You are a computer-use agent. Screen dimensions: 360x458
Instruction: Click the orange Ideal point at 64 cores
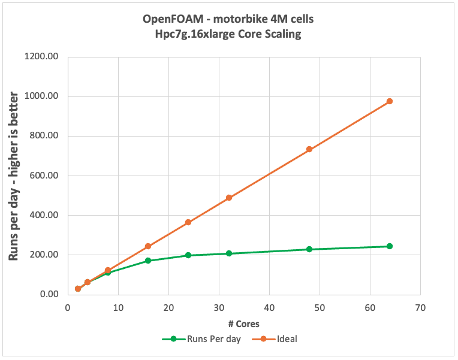(x=390, y=101)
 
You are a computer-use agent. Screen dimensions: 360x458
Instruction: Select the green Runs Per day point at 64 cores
(x=390, y=246)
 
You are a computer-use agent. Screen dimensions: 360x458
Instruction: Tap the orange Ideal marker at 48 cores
(x=309, y=149)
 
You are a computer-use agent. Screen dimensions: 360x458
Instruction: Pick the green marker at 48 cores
(x=309, y=249)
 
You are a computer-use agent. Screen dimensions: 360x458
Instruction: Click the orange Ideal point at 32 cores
(x=229, y=198)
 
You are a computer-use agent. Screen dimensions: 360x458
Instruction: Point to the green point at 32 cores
(x=229, y=253)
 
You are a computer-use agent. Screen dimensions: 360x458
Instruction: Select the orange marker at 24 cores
(x=188, y=222)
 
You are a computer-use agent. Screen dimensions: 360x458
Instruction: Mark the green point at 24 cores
(x=188, y=255)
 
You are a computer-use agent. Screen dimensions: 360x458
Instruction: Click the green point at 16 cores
(x=148, y=261)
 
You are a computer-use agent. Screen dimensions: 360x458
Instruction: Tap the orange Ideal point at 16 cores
(x=148, y=246)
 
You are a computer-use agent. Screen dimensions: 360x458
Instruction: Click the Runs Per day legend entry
(x=210, y=339)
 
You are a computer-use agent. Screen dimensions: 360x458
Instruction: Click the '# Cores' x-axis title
(x=243, y=324)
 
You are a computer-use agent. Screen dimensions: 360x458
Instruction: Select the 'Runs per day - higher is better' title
(x=15, y=176)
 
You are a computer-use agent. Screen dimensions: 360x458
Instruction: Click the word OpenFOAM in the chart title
(x=170, y=19)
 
